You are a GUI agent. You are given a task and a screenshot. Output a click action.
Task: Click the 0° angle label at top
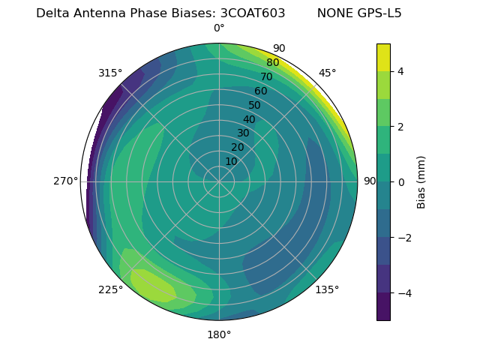pyautogui.click(x=219, y=28)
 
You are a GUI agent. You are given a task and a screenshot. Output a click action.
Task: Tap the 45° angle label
pyautogui.click(x=327, y=73)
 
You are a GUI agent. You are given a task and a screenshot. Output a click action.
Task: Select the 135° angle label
pyautogui.click(x=327, y=289)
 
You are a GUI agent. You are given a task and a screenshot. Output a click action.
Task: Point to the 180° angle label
pyautogui.click(x=219, y=334)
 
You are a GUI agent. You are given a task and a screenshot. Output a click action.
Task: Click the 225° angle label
pyautogui.click(x=110, y=289)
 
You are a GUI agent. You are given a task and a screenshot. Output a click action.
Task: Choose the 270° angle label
pyautogui.click(x=65, y=181)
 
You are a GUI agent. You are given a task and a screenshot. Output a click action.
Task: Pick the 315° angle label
pyautogui.click(x=110, y=73)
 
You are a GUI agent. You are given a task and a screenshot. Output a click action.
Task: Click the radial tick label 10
pyautogui.click(x=231, y=161)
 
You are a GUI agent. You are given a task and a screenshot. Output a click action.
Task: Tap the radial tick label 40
pyautogui.click(x=249, y=119)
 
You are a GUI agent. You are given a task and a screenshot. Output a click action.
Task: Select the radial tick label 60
pyautogui.click(x=261, y=91)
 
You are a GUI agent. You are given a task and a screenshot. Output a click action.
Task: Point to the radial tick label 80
pyautogui.click(x=273, y=62)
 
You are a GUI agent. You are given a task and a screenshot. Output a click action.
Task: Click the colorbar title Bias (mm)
pyautogui.click(x=421, y=181)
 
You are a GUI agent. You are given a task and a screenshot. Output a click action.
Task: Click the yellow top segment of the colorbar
pyautogui.click(x=383, y=57)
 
